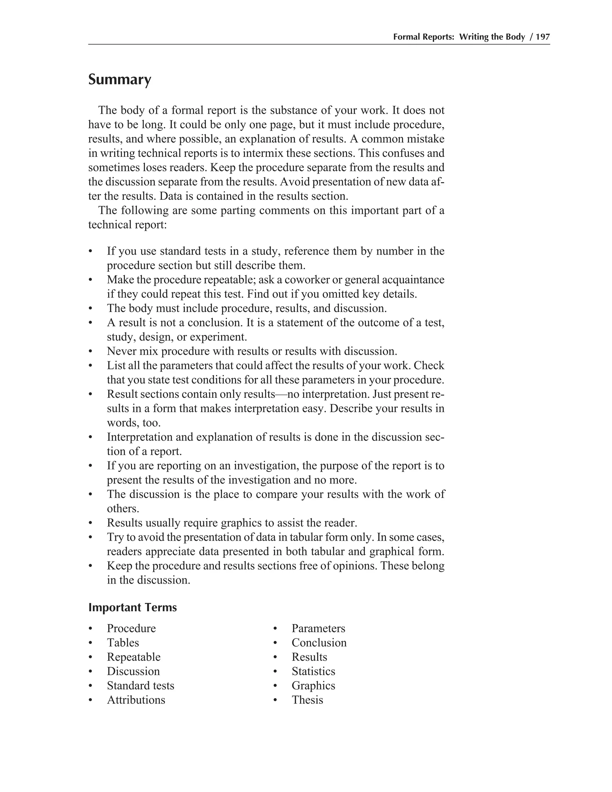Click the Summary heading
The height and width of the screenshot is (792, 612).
(120, 79)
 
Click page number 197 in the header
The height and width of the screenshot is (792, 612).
(543, 37)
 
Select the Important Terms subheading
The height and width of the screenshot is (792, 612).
(132, 607)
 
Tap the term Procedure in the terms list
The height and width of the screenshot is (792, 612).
(131, 629)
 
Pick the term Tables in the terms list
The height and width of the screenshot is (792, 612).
(123, 643)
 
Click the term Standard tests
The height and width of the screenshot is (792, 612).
(140, 686)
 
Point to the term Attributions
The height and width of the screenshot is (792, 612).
(136, 700)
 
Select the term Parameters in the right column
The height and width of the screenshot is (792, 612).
(318, 629)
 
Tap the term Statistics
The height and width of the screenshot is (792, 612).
(313, 671)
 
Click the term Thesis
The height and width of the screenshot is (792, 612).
(307, 700)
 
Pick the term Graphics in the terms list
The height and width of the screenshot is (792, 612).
(313, 686)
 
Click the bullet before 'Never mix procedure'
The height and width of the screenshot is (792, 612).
(91, 352)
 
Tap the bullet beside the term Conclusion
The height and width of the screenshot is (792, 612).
(275, 643)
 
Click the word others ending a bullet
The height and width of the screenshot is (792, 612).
(123, 509)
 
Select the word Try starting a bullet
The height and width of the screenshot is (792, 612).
(115, 537)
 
